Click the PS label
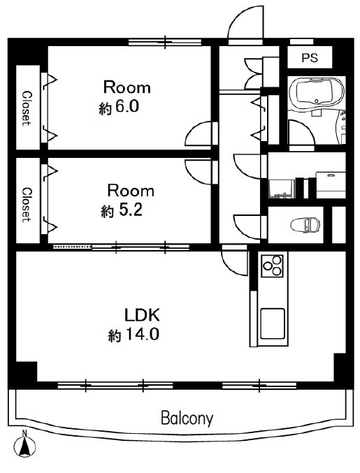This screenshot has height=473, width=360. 310,57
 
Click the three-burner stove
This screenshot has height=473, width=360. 272,265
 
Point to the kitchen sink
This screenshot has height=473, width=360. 273,323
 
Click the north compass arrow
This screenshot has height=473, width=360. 24,446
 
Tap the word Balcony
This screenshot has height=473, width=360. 187,418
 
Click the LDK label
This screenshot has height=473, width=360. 142,315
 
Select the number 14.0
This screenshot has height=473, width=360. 142,335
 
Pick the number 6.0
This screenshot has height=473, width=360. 127,106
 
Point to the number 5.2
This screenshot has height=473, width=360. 130,210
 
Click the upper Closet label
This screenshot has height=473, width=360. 27,108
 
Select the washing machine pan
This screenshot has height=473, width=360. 281,189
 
